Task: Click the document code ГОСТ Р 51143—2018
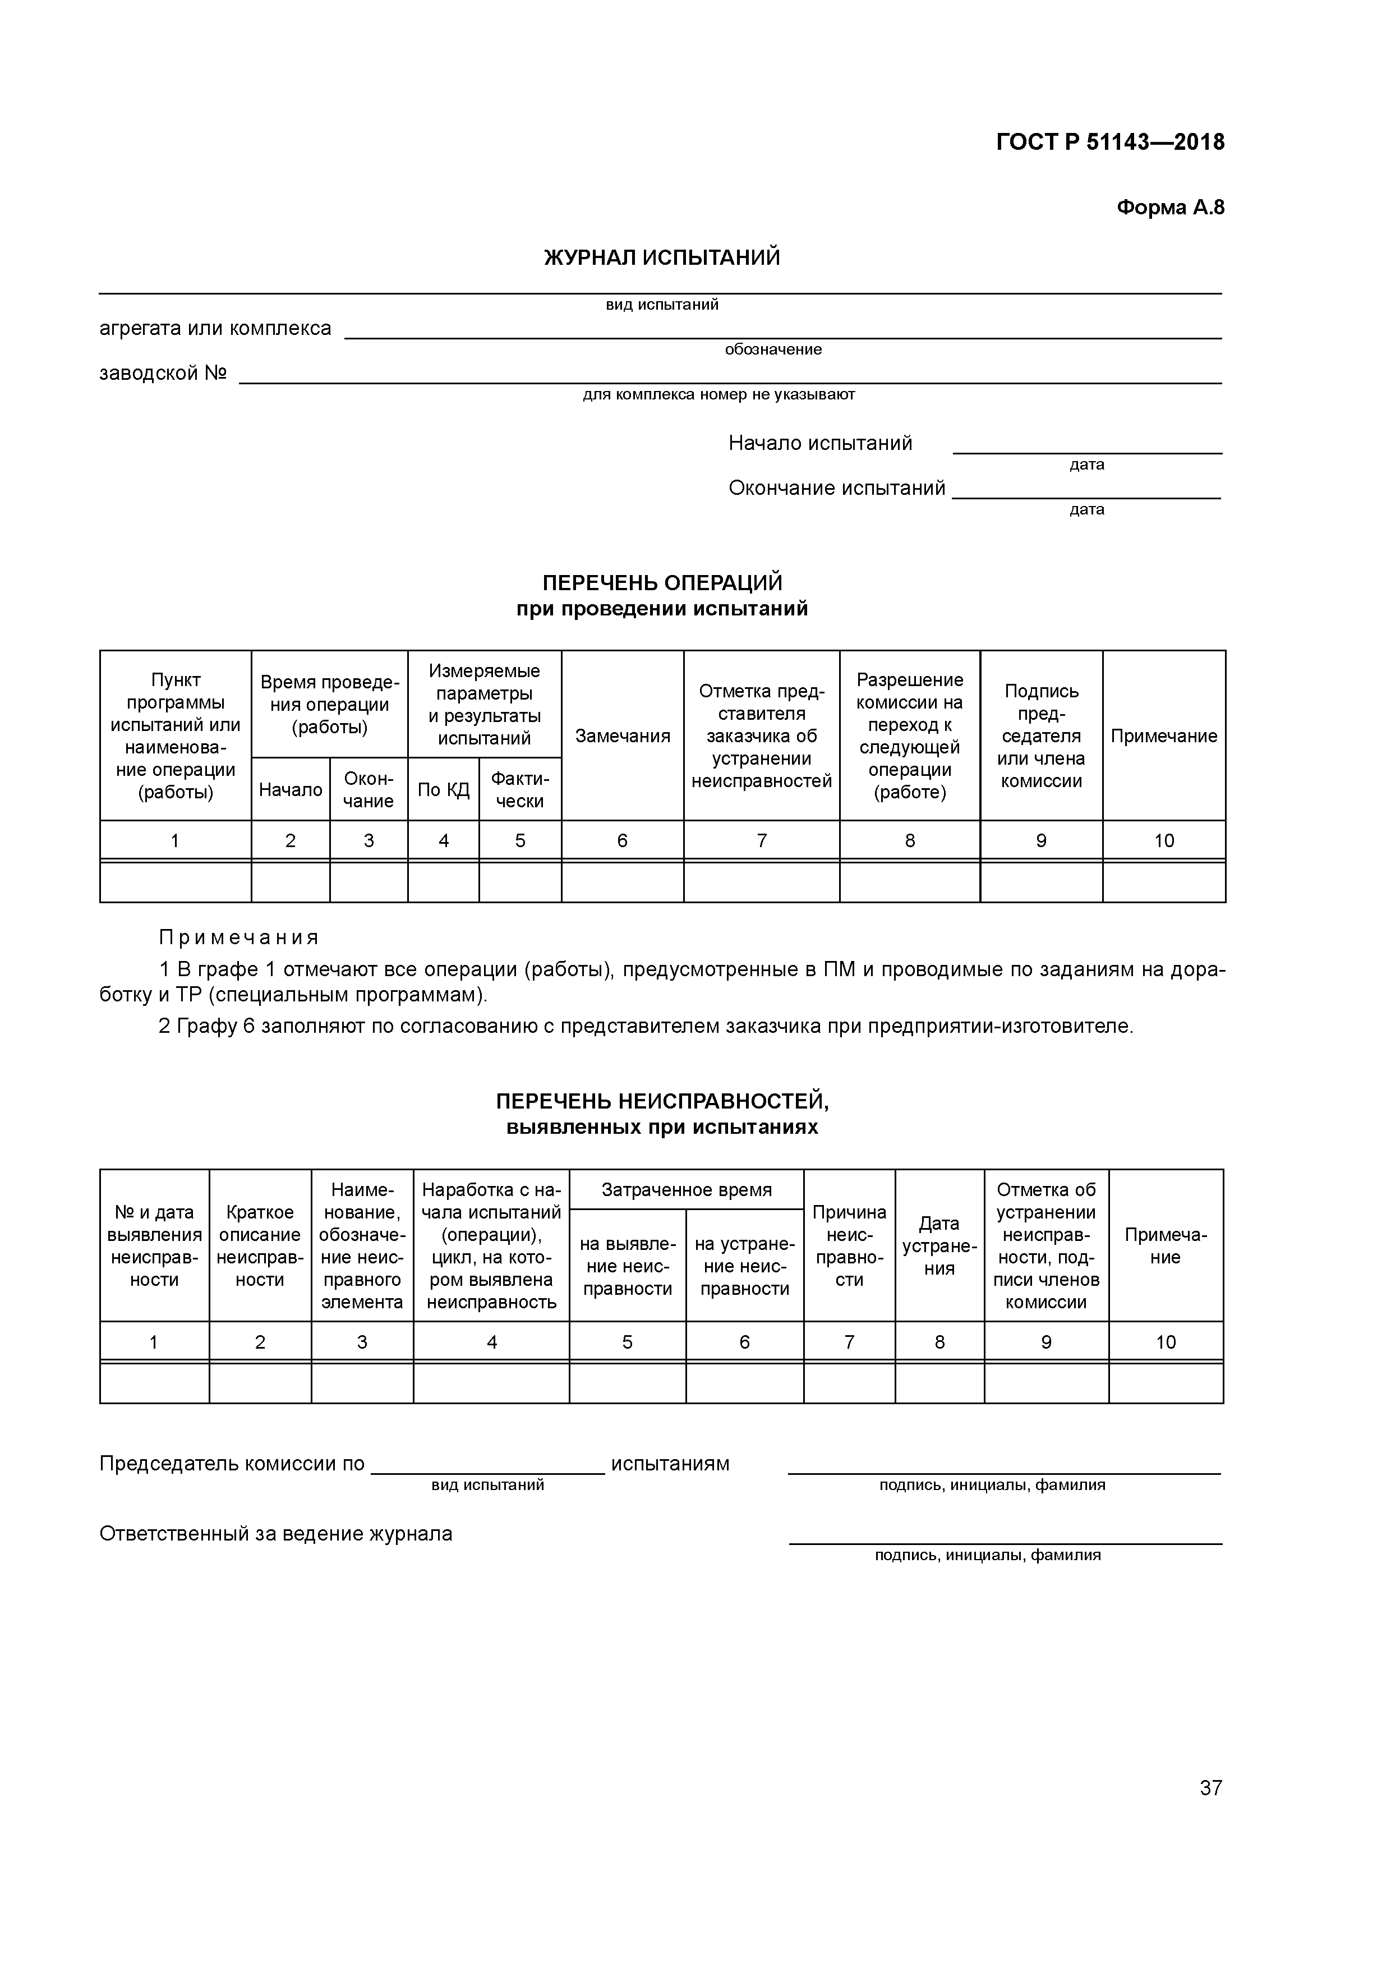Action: click(x=1110, y=142)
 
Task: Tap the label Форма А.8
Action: click(x=1170, y=208)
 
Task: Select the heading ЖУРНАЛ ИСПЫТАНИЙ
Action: click(x=662, y=257)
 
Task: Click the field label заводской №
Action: click(x=163, y=374)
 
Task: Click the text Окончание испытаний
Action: click(x=836, y=488)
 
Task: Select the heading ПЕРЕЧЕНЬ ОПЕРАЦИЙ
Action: click(x=662, y=583)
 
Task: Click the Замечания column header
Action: click(x=622, y=735)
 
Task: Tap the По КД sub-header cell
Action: click(x=443, y=789)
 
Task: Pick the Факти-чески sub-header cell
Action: click(x=519, y=789)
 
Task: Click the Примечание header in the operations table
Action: click(x=1163, y=735)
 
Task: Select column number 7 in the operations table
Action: click(x=761, y=841)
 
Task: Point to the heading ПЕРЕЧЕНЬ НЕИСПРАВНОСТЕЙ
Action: click(x=662, y=1101)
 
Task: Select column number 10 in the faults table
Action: click(x=1166, y=1342)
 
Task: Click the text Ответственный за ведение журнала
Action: click(x=276, y=1533)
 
